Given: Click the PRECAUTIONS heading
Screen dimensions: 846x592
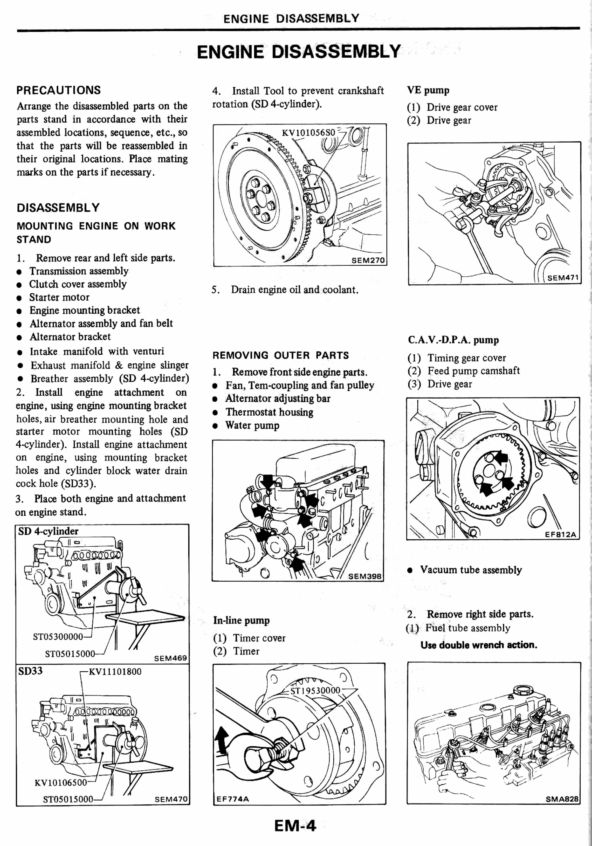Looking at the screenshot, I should pyautogui.click(x=59, y=90).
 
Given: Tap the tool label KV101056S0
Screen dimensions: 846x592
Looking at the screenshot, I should pyautogui.click(x=308, y=133).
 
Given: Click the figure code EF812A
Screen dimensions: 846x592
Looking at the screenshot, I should pyautogui.click(x=560, y=534).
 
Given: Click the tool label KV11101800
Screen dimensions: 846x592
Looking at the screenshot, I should pyautogui.click(x=115, y=671).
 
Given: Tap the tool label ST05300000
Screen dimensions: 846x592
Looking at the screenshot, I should pyautogui.click(x=58, y=636).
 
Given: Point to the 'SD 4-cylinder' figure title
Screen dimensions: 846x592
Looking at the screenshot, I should pyautogui.click(x=48, y=531).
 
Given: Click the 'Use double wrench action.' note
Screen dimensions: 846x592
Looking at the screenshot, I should pyautogui.click(x=479, y=645).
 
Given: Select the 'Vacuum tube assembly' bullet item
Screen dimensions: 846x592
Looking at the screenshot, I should pyautogui.click(x=471, y=570).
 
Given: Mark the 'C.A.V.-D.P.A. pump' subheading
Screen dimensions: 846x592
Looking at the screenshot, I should pyautogui.click(x=453, y=340).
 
